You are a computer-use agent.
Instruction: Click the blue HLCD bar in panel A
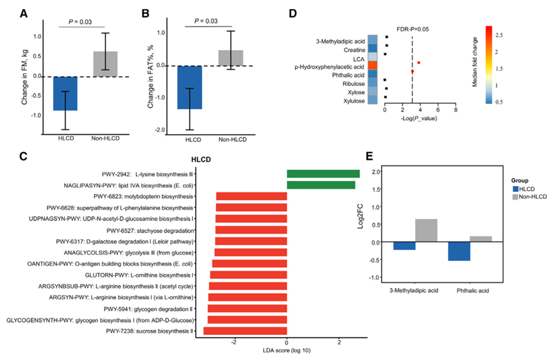coord(65,94)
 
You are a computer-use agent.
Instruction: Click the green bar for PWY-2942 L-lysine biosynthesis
coord(323,174)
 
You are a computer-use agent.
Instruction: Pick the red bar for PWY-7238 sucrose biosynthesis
coord(245,331)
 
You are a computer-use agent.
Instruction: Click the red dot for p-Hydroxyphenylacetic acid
coord(418,62)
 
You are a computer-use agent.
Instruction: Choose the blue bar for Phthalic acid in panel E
coord(459,252)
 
